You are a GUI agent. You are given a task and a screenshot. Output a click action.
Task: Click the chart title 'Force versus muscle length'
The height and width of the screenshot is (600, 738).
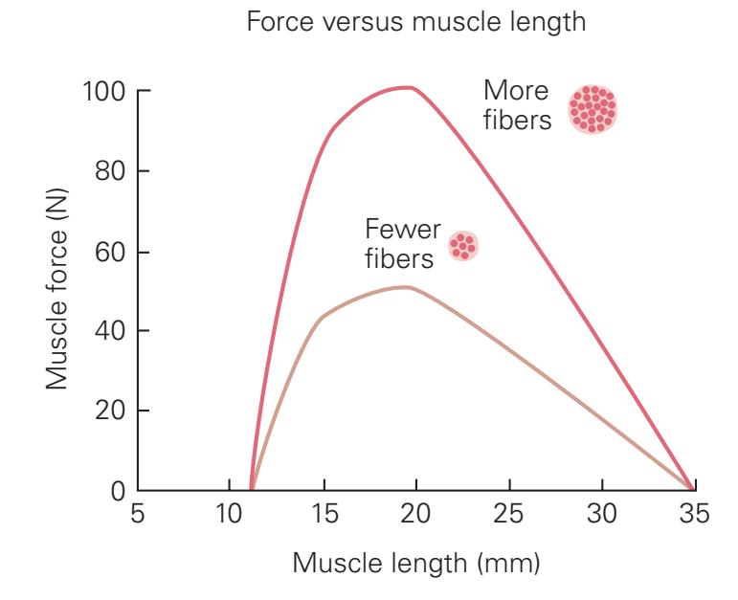416,25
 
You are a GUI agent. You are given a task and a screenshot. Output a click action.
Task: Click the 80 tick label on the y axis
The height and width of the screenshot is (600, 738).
111,172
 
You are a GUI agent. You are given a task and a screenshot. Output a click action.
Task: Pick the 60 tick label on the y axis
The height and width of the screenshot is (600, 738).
111,253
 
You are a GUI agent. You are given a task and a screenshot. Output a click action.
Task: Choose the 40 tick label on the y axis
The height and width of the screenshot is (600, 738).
111,331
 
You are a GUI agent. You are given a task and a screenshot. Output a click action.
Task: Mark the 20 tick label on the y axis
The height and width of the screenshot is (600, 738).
111,411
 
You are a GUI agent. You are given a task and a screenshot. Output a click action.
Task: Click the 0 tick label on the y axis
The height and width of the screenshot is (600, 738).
117,491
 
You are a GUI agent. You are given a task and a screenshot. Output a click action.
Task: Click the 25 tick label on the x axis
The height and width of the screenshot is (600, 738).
509,516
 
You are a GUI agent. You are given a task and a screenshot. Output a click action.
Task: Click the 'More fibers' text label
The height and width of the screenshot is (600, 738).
518,106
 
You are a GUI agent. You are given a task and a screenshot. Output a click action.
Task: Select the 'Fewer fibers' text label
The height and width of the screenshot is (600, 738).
403,243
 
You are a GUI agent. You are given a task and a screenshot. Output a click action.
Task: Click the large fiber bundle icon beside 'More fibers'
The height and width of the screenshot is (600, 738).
593,109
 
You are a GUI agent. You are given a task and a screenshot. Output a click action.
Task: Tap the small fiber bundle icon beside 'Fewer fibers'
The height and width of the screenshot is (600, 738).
463,246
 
